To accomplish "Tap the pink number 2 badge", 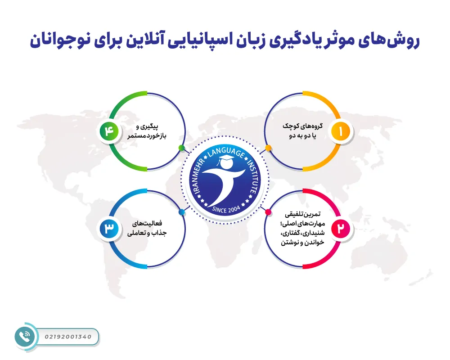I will point(340,229).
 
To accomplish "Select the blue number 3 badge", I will point(110,229).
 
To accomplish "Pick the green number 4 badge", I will point(110,131).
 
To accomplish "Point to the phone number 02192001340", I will point(68,337).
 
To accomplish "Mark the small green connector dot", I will point(181,148).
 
